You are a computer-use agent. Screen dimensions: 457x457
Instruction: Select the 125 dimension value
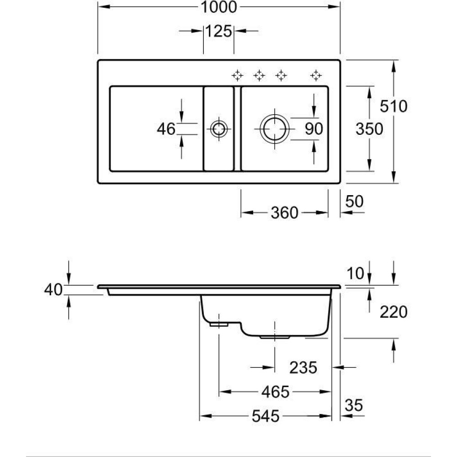click(x=218, y=32)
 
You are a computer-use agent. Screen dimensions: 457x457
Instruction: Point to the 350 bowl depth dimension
click(x=369, y=129)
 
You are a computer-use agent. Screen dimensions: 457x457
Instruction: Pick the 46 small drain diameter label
click(x=166, y=129)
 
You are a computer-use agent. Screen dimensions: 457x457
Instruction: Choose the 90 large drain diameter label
click(x=314, y=129)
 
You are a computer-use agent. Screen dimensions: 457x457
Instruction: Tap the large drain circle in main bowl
click(x=274, y=129)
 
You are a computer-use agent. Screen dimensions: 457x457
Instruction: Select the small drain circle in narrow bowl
click(x=218, y=129)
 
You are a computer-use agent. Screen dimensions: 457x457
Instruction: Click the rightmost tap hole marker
click(x=315, y=75)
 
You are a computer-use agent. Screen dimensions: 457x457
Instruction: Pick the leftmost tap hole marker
click(x=237, y=75)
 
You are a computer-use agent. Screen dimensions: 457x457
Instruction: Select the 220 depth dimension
click(x=393, y=312)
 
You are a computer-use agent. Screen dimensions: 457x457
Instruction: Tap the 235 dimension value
click(x=303, y=367)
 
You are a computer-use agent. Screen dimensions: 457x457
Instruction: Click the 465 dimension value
click(x=276, y=392)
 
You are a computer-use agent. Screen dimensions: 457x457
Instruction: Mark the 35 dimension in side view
click(x=354, y=405)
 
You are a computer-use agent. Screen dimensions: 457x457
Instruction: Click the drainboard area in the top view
click(x=155, y=129)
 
